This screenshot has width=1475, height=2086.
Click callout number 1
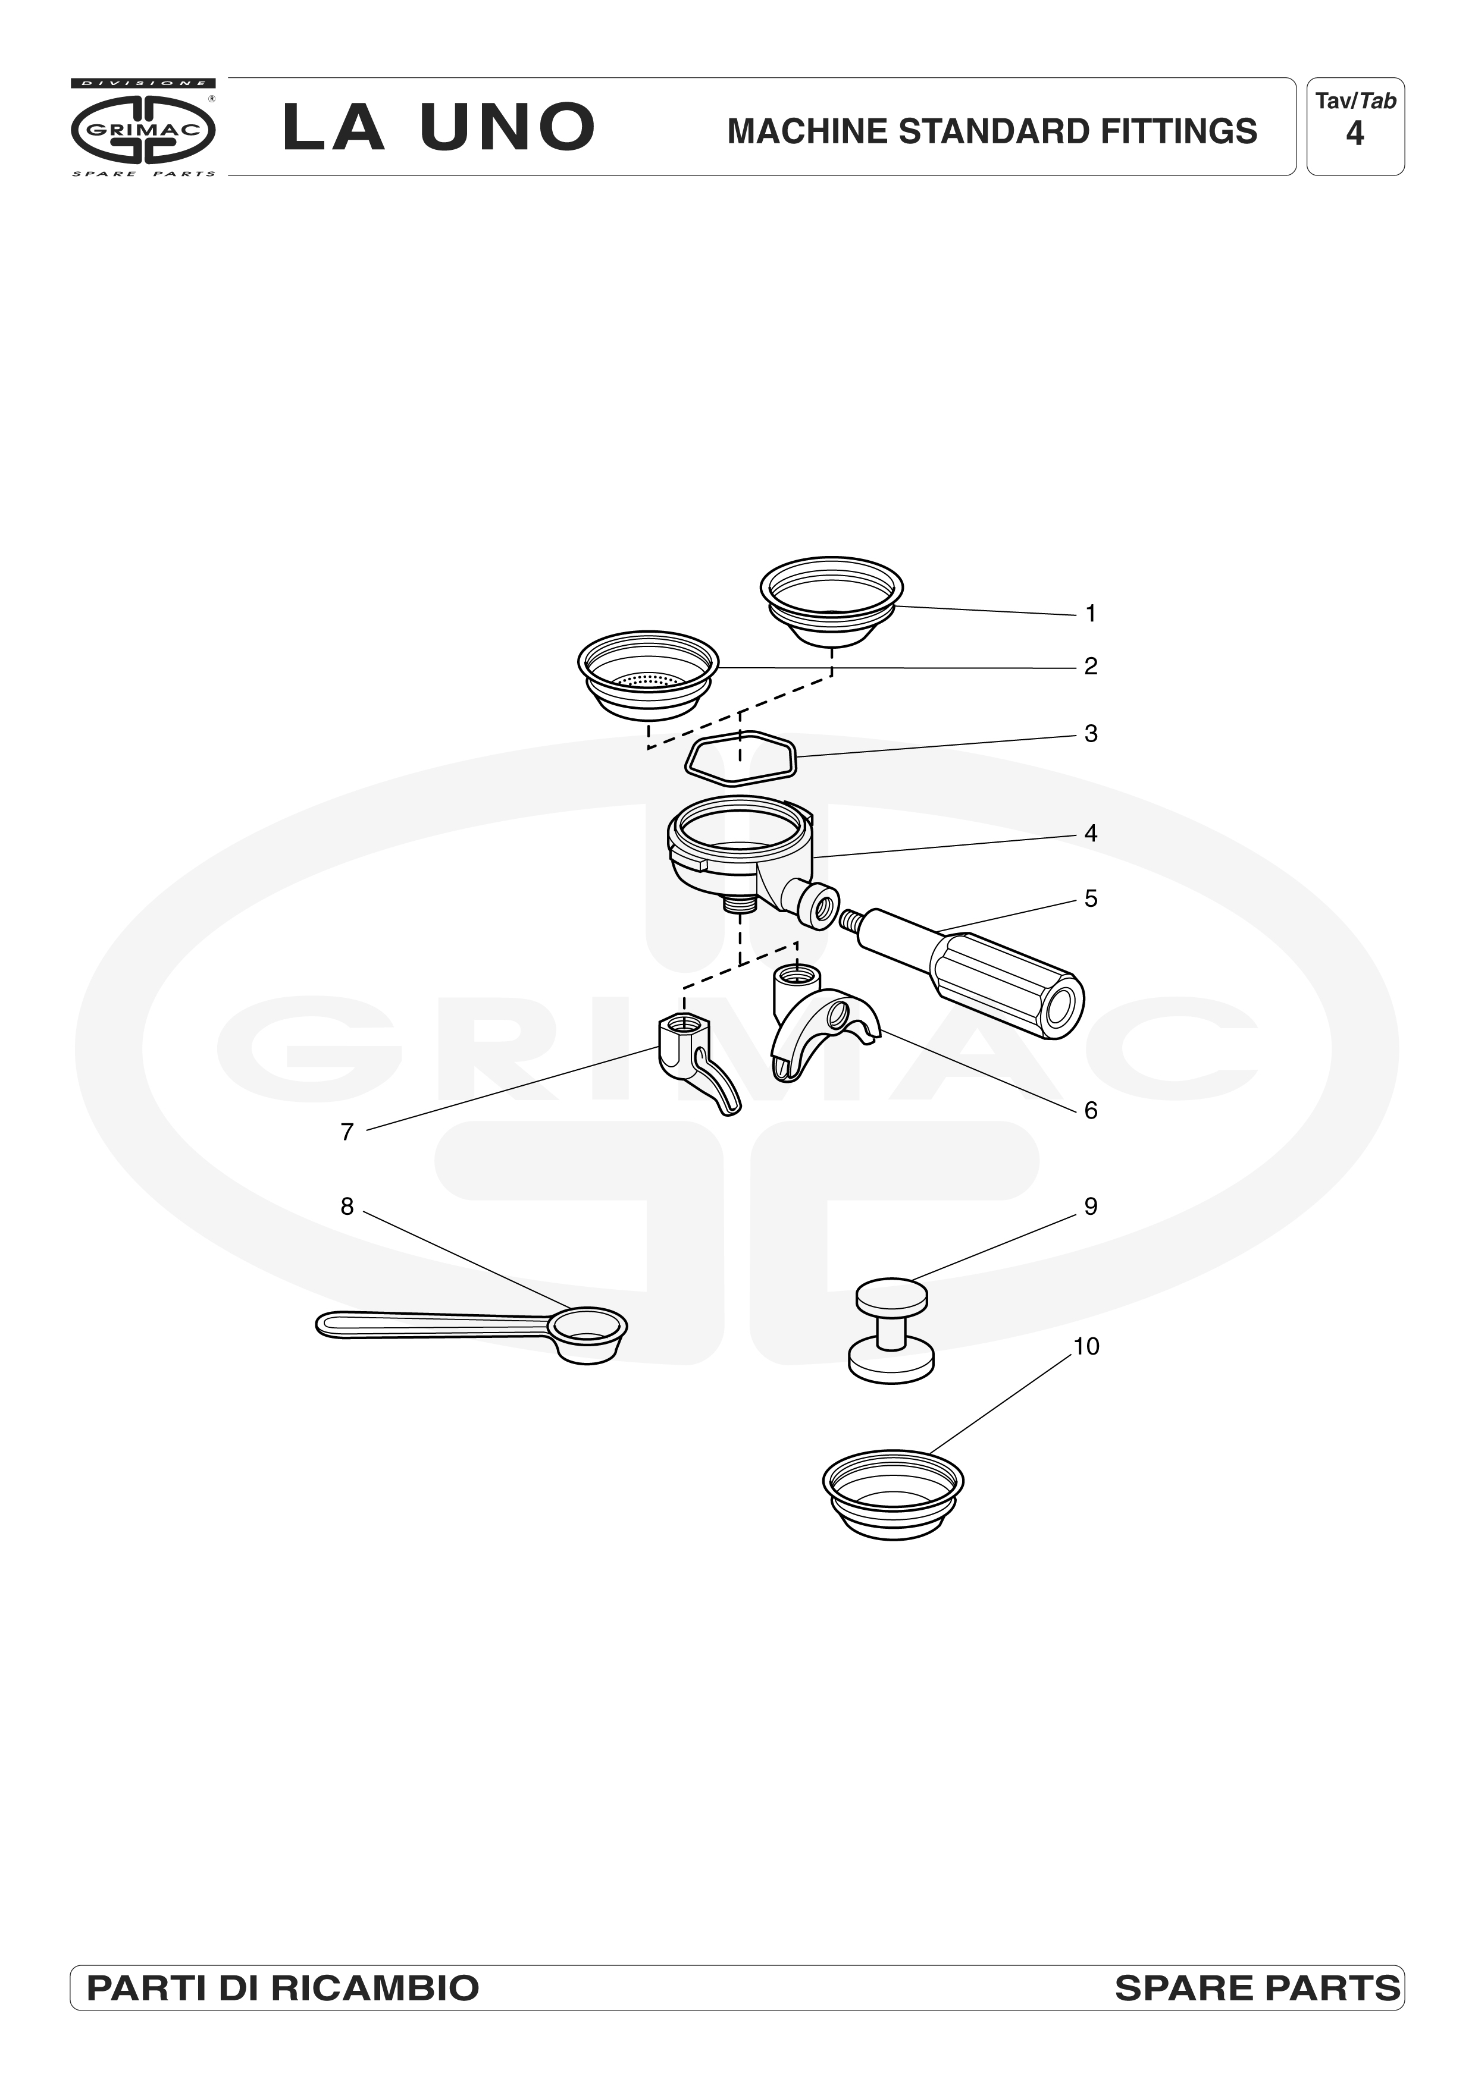click(x=1091, y=614)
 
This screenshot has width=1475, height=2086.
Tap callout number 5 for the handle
click(x=1091, y=899)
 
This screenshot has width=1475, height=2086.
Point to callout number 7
click(x=347, y=1132)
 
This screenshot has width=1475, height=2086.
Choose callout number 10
click(x=1086, y=1346)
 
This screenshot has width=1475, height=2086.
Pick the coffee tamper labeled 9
click(x=891, y=1331)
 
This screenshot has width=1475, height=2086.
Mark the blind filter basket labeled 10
click(x=892, y=1496)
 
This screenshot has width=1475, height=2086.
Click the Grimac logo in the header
click(x=143, y=128)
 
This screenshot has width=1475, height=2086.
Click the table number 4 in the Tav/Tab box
click(x=1355, y=134)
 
